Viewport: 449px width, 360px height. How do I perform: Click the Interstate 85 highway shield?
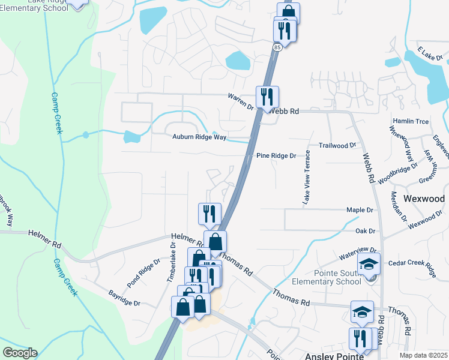click(277, 46)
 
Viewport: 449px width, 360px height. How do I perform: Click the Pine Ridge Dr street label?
click(276, 155)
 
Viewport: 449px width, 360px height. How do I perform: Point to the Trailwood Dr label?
click(337, 145)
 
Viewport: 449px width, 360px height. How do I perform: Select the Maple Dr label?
click(360, 210)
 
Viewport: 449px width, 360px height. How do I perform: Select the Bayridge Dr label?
click(124, 298)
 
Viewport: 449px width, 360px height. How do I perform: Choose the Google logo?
click(20, 353)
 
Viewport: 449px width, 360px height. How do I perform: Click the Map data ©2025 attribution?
click(423, 355)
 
